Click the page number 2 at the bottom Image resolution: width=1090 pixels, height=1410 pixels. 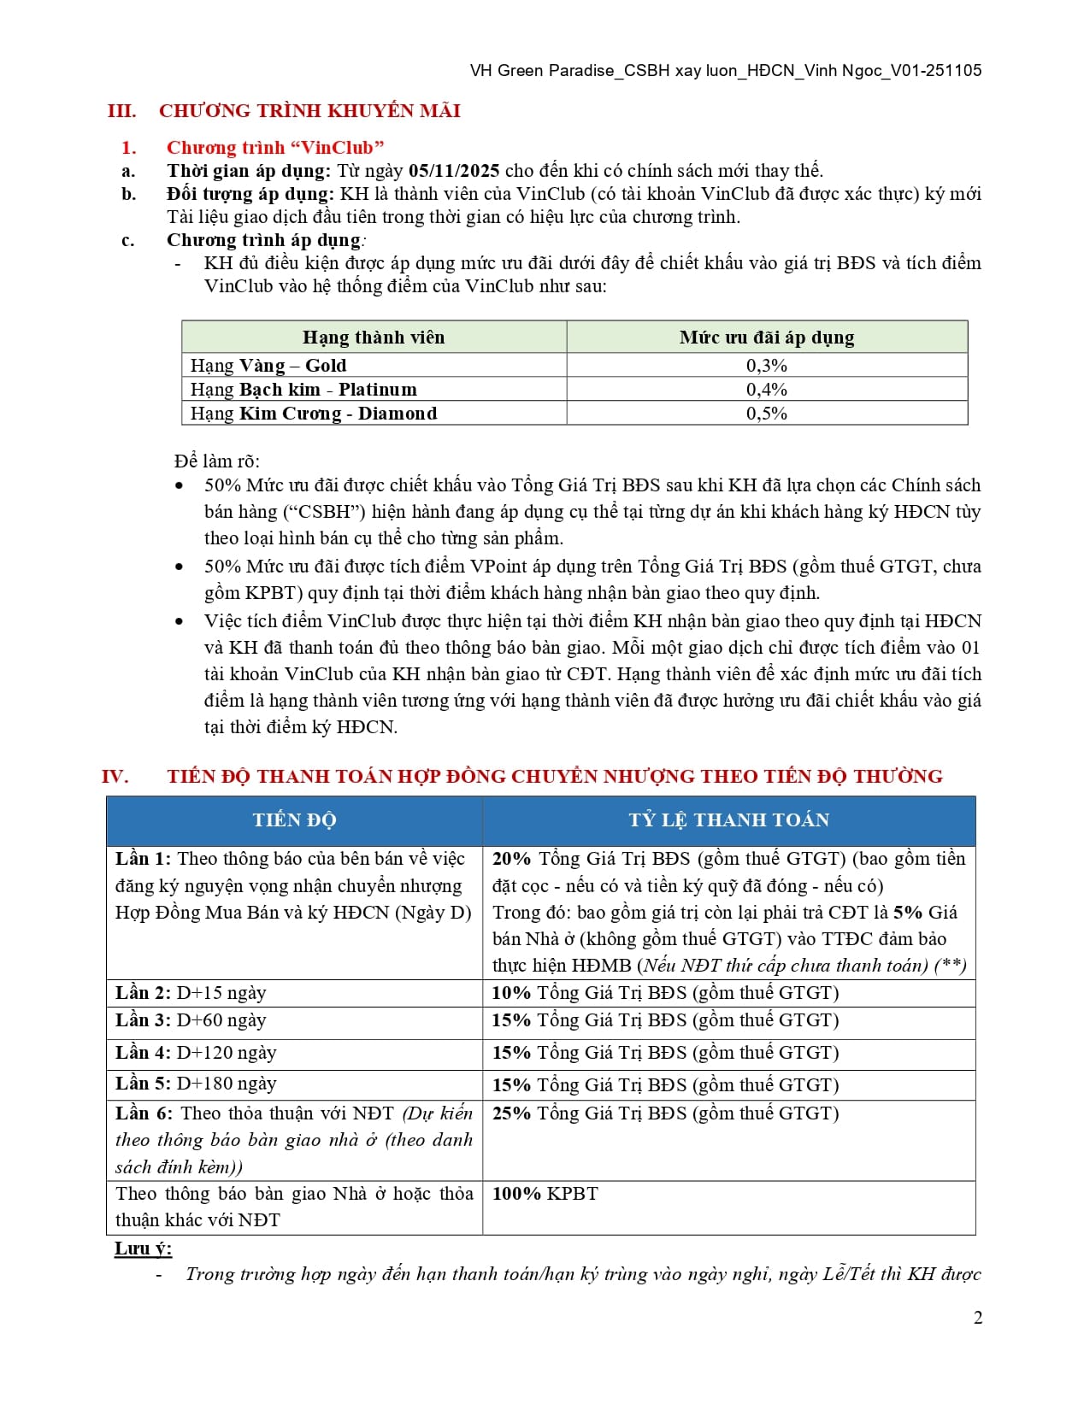pos(978,1318)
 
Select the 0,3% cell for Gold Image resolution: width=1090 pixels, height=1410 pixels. pos(766,366)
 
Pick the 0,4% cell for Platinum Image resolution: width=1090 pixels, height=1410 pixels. pos(766,390)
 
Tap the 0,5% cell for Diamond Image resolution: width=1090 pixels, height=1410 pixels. pos(766,414)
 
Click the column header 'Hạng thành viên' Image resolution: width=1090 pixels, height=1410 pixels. pos(374,338)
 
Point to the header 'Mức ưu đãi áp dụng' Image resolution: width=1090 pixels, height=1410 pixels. pos(766,338)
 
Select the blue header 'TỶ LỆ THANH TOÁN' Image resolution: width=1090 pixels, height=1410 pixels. pos(728,820)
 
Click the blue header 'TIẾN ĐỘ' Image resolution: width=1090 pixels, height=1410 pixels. pos(294,820)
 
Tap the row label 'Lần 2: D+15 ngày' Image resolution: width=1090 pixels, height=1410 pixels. pos(191,993)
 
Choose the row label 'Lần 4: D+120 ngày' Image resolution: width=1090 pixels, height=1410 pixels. pos(196,1053)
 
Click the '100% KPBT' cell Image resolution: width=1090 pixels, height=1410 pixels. pos(545,1194)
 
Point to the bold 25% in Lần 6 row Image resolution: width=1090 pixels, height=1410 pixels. pos(511,1113)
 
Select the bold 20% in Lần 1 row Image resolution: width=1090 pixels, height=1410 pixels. pos(511,859)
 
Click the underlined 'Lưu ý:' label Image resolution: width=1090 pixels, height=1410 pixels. pos(143,1248)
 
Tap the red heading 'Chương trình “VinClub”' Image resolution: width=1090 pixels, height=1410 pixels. pos(275,148)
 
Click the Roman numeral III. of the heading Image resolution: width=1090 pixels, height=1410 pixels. pos(121,111)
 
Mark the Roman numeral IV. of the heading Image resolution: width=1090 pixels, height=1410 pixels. pos(115,777)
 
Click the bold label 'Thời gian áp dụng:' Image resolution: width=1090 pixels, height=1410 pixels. pos(248,171)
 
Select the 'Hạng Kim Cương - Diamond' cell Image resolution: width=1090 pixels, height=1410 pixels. pos(313,414)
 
